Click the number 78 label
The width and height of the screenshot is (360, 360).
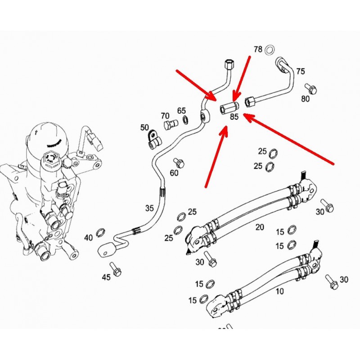point(257,49)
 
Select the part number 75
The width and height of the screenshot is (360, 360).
point(300,71)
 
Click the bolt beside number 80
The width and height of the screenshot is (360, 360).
point(310,88)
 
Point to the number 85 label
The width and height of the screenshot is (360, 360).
point(234,117)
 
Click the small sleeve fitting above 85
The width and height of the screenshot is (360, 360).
point(229,108)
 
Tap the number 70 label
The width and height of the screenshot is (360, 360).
point(165,116)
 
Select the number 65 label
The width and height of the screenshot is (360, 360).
point(181,110)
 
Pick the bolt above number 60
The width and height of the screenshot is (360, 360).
point(177,162)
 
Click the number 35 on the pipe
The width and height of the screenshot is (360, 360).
point(150,208)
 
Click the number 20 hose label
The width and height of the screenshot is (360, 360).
point(260,228)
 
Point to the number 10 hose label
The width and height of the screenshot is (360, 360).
point(279,291)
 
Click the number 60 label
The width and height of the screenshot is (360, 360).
point(174,173)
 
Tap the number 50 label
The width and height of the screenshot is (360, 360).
point(144,127)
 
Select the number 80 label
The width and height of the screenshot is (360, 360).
point(306,99)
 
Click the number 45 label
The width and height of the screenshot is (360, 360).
point(106,278)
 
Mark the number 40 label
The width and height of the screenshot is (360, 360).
point(89,238)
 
